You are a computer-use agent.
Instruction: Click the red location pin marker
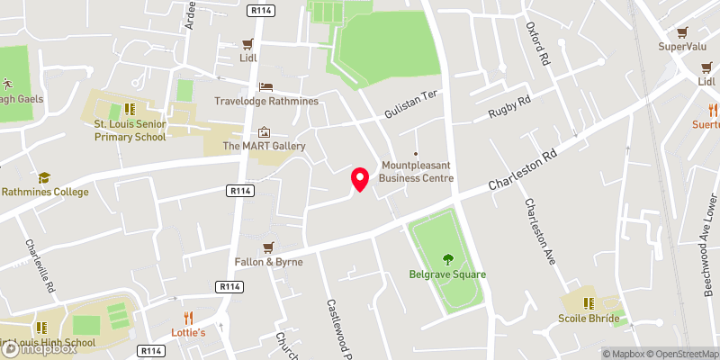(x=360, y=179)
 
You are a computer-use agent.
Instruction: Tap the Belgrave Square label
(x=447, y=274)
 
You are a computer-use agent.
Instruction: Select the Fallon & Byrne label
(x=267, y=262)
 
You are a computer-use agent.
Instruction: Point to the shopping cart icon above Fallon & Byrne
(x=267, y=247)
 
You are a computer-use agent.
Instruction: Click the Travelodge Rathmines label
(x=266, y=101)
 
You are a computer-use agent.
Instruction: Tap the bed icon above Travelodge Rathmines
(x=265, y=86)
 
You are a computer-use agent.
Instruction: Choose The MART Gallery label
(x=265, y=146)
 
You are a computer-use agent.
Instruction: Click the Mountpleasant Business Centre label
(x=416, y=171)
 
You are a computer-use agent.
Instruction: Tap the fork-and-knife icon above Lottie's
(x=188, y=318)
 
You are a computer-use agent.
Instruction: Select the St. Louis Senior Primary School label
(x=130, y=130)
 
